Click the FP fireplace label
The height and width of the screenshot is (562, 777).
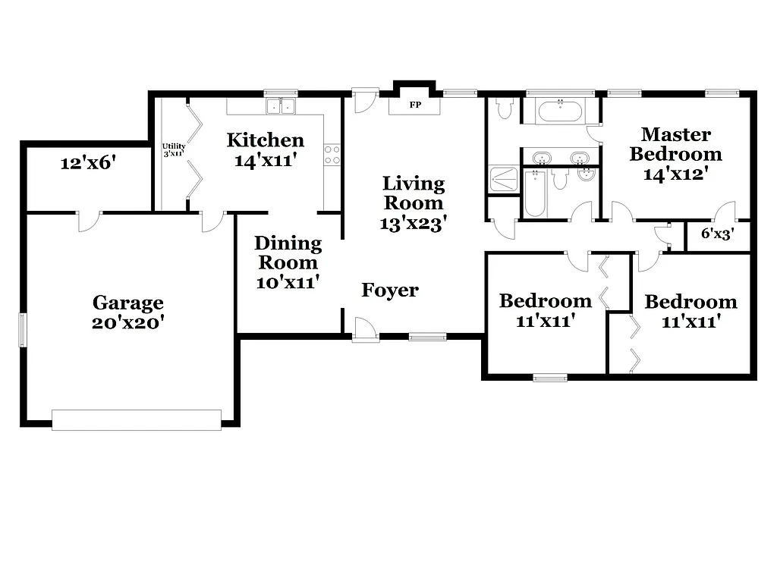(x=415, y=105)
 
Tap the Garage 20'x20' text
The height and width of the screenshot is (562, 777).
(x=128, y=312)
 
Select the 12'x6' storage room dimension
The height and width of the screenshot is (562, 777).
(x=88, y=162)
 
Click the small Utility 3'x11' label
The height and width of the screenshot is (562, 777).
(x=174, y=149)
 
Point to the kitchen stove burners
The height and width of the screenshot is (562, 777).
(x=332, y=155)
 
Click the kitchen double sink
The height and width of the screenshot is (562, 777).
(x=280, y=106)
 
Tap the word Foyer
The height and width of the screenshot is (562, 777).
(x=389, y=290)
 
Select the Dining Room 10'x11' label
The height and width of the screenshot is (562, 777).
(x=288, y=262)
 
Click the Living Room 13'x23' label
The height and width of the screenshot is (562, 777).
(x=413, y=203)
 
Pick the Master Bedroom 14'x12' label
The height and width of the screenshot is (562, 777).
(x=675, y=154)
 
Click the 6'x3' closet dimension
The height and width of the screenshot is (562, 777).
(x=716, y=234)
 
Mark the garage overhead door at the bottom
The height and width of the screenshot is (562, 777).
(x=137, y=419)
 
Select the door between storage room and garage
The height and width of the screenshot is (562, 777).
(x=88, y=220)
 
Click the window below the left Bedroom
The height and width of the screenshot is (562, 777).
(x=549, y=377)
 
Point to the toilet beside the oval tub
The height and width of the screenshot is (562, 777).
(x=504, y=109)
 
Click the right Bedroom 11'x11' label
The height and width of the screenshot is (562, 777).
(x=690, y=311)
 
